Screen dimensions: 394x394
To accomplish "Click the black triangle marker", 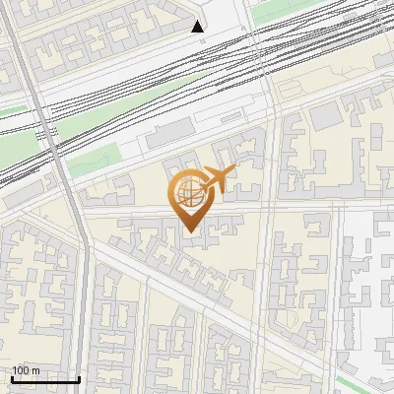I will [198, 27].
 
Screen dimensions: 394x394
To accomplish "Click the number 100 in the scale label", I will [21, 370].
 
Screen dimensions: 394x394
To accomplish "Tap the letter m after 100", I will [35, 370].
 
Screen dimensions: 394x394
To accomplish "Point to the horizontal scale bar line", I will [45, 379].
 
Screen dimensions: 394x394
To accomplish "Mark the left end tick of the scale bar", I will [12, 378].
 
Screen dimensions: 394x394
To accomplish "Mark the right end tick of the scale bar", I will [79, 378].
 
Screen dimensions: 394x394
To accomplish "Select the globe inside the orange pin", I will [189, 194].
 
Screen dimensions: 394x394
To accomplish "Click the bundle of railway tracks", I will [148, 79].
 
